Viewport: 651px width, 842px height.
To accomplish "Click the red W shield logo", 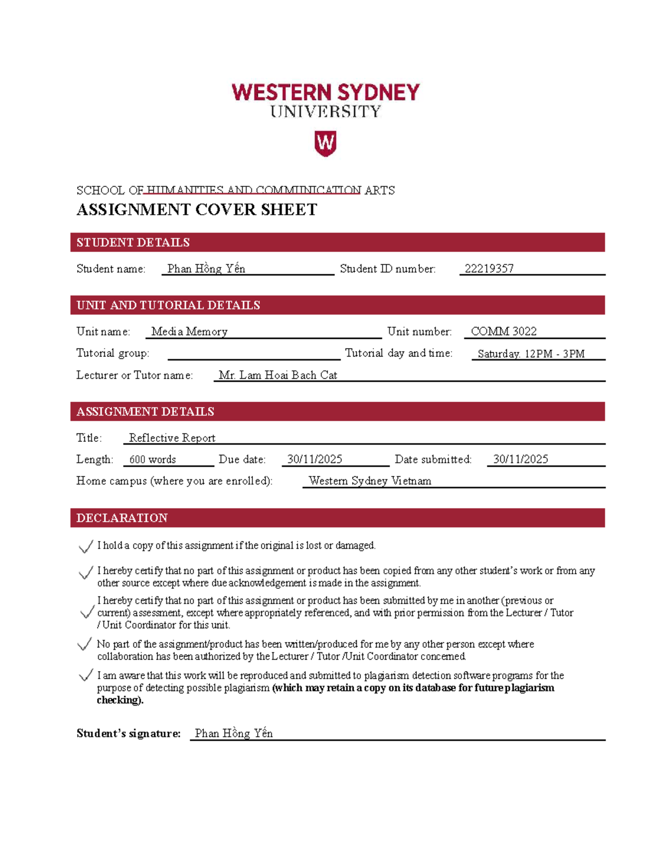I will [325, 144].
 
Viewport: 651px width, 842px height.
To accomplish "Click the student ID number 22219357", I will [489, 268].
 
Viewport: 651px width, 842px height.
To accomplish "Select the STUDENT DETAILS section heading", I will [133, 242].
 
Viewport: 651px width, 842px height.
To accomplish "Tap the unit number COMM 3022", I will [503, 331].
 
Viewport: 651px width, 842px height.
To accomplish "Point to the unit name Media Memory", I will [189, 331].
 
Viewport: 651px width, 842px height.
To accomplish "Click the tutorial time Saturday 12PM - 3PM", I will [531, 353].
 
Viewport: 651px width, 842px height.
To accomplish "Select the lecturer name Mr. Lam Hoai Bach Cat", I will [278, 375].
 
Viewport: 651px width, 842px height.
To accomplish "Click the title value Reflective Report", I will [172, 438].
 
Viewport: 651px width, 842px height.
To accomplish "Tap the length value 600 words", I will [152, 459].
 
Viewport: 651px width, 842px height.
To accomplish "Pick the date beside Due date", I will [315, 459].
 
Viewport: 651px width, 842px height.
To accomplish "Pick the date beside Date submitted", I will [520, 459].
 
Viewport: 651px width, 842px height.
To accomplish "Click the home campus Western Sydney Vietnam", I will [370, 481].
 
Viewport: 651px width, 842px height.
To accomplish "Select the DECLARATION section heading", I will [122, 518].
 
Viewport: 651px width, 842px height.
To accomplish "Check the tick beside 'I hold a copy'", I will [86, 547].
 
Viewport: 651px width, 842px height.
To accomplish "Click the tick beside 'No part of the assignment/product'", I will [85, 644].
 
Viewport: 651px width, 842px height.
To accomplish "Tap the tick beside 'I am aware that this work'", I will [86, 676].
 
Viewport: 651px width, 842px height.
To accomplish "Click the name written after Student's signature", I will [234, 733].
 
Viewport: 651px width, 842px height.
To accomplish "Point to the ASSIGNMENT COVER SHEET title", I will [197, 210].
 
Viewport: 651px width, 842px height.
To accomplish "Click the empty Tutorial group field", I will [253, 353].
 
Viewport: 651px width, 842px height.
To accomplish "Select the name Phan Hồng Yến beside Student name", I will [206, 268].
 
